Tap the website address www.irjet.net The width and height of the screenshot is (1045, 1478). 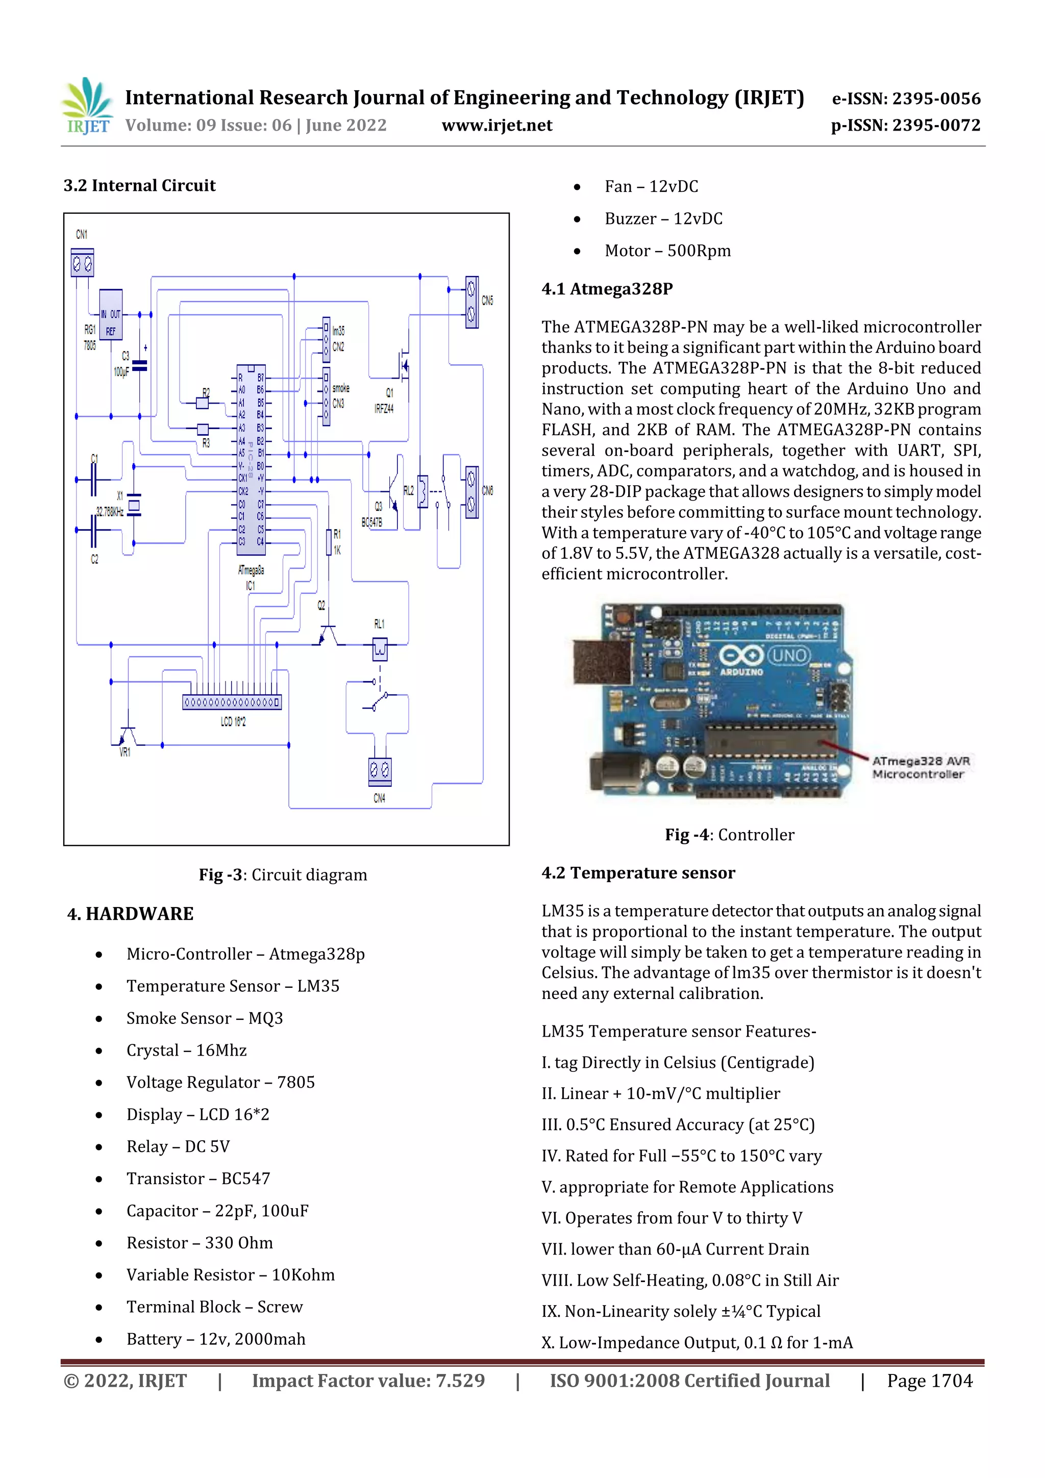point(496,125)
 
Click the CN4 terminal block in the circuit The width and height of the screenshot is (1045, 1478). point(379,770)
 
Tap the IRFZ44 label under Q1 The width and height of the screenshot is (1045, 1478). point(384,409)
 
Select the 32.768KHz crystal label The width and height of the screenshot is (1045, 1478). point(110,512)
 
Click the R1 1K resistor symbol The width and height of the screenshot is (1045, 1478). point(329,542)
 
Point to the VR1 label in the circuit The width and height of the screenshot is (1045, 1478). point(125,752)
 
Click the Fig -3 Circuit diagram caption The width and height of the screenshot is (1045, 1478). point(283,875)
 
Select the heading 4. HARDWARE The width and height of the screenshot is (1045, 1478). point(130,914)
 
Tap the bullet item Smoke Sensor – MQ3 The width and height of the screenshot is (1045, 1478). point(204,1018)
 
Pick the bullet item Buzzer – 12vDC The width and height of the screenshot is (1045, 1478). point(663,219)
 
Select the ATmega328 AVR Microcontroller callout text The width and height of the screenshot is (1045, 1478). point(920,767)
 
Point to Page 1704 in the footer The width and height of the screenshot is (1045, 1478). point(929,1381)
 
